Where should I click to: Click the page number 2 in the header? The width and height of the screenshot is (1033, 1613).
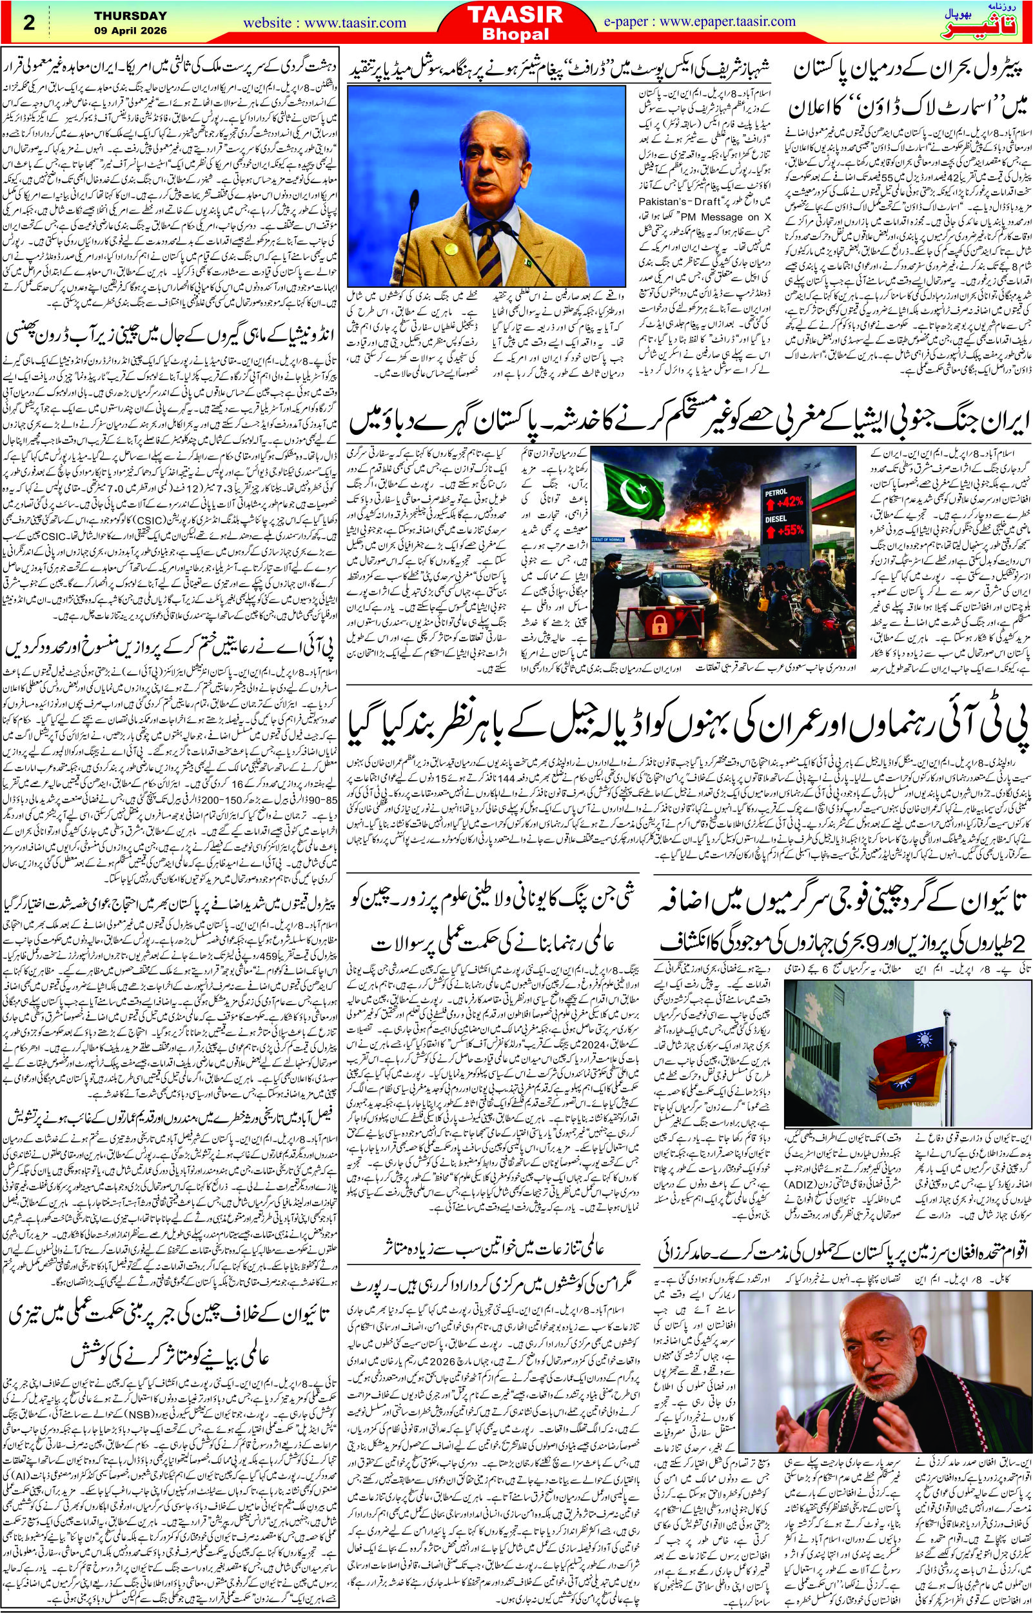[29, 22]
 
